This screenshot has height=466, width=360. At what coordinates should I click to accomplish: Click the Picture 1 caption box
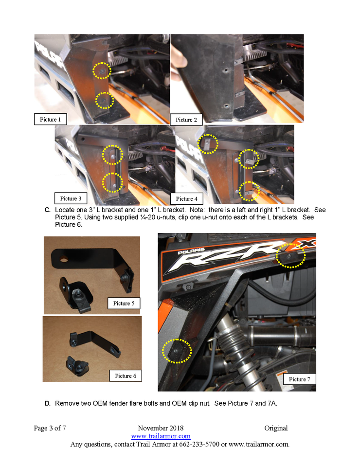coord(50,119)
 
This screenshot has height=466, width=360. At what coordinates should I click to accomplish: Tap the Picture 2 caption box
coord(186,120)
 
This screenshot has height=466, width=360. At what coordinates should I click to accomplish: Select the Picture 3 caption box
coord(71,198)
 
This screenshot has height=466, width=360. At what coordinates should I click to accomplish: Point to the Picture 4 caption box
coord(187,198)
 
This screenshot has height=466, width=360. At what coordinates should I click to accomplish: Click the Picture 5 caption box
coord(124,303)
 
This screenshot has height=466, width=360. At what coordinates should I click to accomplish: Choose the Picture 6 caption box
coord(126,376)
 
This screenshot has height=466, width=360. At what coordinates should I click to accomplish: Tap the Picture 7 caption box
coord(299,379)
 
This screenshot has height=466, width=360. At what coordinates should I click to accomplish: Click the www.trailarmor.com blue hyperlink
coord(161,436)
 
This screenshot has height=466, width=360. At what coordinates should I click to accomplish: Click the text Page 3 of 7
coord(50,428)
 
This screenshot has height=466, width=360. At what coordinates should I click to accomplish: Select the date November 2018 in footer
coord(161,428)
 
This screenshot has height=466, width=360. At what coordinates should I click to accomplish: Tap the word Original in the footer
coord(276,428)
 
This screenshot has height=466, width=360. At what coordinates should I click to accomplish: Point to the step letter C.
coord(47,210)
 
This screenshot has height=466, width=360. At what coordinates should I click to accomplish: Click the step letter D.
coord(47,403)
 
